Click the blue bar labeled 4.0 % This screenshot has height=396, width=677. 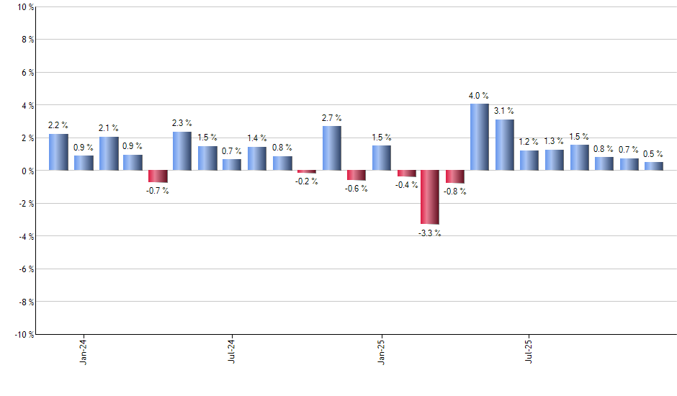coord(480,137)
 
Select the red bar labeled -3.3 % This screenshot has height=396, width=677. coord(430,197)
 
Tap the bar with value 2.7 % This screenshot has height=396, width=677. coord(331,148)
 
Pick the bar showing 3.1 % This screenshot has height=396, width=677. coord(504,145)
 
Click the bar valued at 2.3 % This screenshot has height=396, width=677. coord(182,151)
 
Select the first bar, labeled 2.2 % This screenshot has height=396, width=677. coord(58,152)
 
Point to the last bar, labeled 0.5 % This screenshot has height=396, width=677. coord(653,166)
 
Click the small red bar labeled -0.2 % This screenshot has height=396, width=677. coord(307,172)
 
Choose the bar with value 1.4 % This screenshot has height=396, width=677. coord(257,158)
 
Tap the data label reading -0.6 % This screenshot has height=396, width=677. coord(356,189)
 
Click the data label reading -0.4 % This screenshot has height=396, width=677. coord(405,185)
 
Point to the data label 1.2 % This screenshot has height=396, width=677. coord(529,142)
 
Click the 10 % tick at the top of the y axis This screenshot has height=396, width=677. coord(24,7)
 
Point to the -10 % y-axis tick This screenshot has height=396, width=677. coord(22,334)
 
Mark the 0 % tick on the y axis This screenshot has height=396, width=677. coord(26,171)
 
